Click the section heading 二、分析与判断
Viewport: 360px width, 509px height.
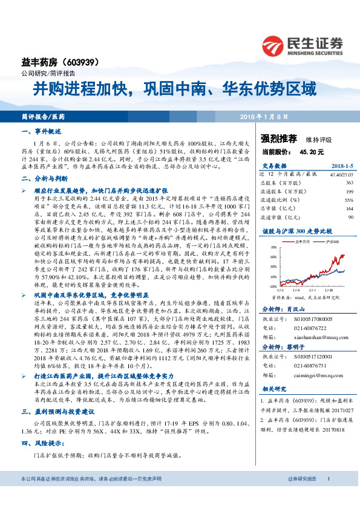[42, 179]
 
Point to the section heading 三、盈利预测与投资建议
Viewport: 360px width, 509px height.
[56, 412]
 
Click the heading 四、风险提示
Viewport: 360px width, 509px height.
[42, 443]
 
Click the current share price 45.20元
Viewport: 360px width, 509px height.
[313, 152]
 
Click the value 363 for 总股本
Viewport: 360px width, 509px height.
[332, 182]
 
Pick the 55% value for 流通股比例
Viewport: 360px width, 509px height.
[332, 199]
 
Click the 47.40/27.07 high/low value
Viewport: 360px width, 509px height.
[324, 174]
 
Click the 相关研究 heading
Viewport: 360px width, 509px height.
[273, 390]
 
